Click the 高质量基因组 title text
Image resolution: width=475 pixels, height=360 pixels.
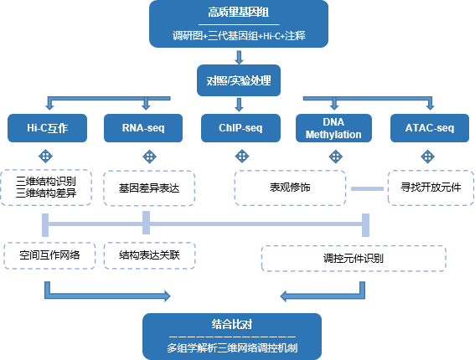click(239, 13)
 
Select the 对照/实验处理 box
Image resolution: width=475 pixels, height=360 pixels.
click(239, 80)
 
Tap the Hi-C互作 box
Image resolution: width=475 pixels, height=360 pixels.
click(47, 128)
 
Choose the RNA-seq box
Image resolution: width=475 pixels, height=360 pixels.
click(143, 128)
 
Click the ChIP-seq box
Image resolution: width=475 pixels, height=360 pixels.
click(240, 128)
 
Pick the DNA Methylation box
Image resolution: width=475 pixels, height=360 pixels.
click(333, 128)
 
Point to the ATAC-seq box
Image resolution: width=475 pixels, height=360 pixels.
click(430, 128)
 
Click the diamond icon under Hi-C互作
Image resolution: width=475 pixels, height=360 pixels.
click(46, 157)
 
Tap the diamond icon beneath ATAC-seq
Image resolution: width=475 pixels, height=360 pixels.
click(428, 157)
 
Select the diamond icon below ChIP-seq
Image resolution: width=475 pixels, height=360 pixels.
click(242, 157)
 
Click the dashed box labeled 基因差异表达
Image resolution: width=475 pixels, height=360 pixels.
click(149, 188)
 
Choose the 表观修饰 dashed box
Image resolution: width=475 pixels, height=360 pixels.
click(290, 188)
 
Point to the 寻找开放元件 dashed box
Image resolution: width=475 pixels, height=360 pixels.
click(431, 188)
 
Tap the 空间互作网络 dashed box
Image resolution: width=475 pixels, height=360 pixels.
click(49, 255)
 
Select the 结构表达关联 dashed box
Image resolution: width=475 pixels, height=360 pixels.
click(150, 255)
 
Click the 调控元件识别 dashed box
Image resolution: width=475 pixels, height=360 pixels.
click(354, 259)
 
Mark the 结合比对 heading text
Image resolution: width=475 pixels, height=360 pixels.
click(232, 324)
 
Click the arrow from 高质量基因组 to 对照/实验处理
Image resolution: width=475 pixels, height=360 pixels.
click(239, 57)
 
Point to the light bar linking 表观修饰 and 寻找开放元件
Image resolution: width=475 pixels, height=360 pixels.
click(367, 188)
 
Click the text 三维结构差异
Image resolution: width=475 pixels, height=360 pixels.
click(46, 193)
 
